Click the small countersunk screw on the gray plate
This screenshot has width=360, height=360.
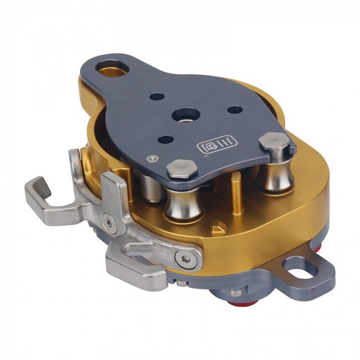pyautogui.click(x=153, y=158)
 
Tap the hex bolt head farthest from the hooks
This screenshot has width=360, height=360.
pyautogui.click(x=274, y=142)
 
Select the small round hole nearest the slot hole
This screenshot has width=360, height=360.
pyautogui.click(x=156, y=96)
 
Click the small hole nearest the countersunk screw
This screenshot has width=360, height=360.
pyautogui.click(x=166, y=140)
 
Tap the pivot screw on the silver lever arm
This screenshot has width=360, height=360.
pyautogui.click(x=186, y=259)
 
